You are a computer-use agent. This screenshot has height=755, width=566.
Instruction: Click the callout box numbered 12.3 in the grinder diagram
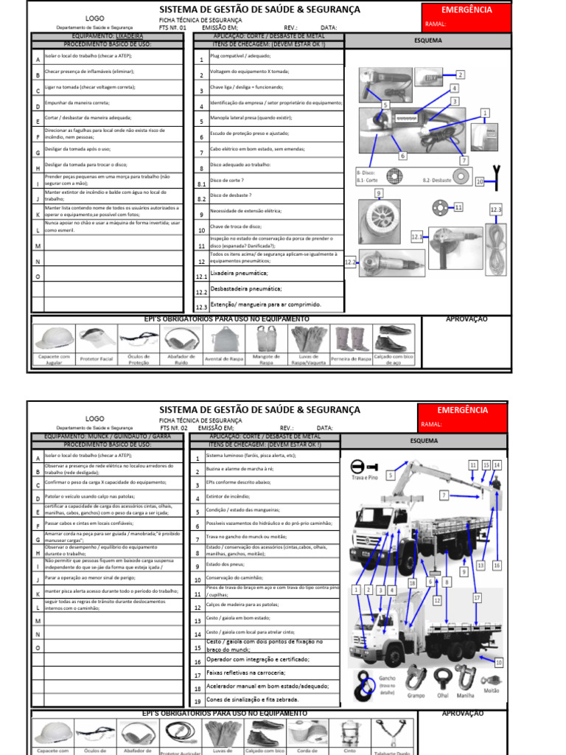click(x=495, y=210)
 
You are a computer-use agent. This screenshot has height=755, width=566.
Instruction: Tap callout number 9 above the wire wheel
click(x=378, y=193)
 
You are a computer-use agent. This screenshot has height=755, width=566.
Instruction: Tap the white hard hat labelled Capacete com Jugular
click(x=54, y=338)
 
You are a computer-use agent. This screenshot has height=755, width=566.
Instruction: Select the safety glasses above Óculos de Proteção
click(x=139, y=340)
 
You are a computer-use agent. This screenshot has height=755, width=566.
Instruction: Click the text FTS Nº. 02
click(x=174, y=428)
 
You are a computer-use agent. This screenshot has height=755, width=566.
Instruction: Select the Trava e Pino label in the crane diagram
click(x=363, y=478)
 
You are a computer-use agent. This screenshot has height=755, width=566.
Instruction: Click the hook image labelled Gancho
click(x=367, y=686)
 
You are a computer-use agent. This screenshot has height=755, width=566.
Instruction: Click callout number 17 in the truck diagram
click(x=477, y=597)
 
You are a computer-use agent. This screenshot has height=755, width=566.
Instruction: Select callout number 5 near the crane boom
click(x=391, y=476)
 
